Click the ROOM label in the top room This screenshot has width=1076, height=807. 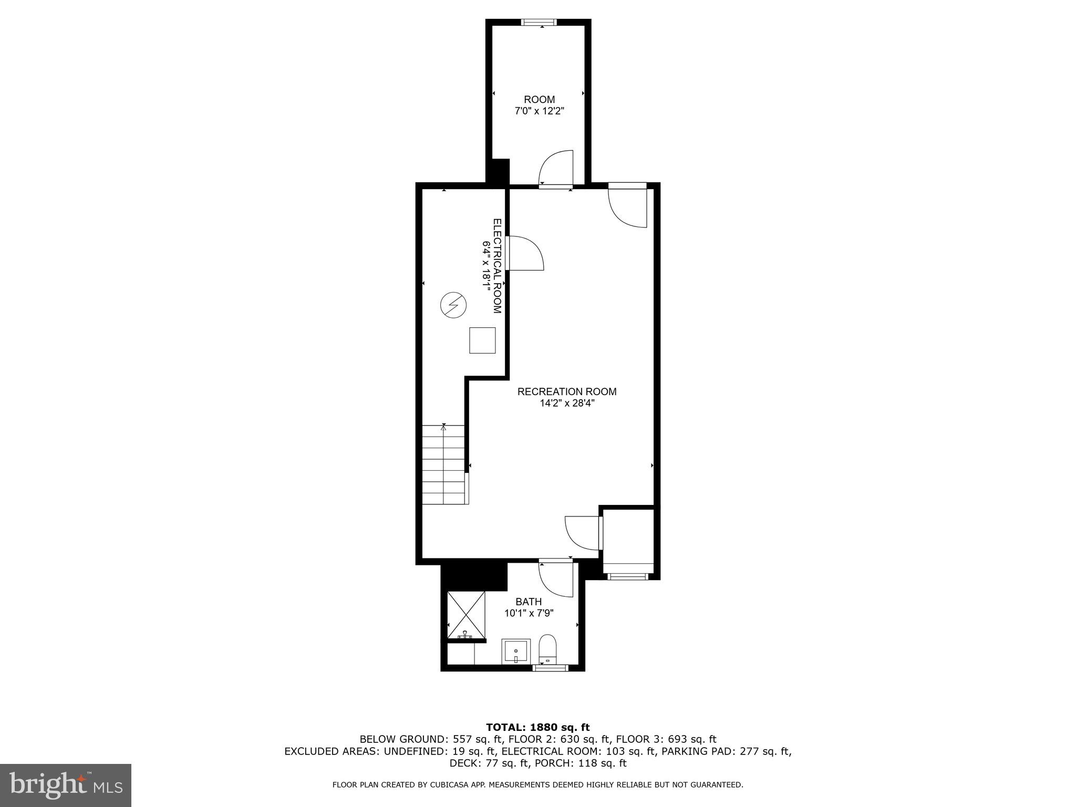pos(539,99)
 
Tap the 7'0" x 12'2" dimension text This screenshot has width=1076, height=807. pos(539,111)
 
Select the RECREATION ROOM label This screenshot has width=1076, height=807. pos(567,391)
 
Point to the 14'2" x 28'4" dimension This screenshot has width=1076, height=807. pos(567,403)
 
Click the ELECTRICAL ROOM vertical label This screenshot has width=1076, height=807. pos(497,266)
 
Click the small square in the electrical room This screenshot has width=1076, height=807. pos(482,340)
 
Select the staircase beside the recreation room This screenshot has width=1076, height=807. pos(444,465)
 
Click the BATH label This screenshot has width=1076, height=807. pos(529,602)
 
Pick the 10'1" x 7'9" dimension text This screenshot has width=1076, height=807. pos(529,613)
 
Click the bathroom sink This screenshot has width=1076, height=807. pos(515,651)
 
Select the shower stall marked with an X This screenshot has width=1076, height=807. pos(466,615)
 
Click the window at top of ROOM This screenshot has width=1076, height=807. pos(539,23)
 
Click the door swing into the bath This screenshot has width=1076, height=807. pos(556,579)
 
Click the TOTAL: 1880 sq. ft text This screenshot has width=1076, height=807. pos(537,727)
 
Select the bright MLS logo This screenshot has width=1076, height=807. pos(66,785)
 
